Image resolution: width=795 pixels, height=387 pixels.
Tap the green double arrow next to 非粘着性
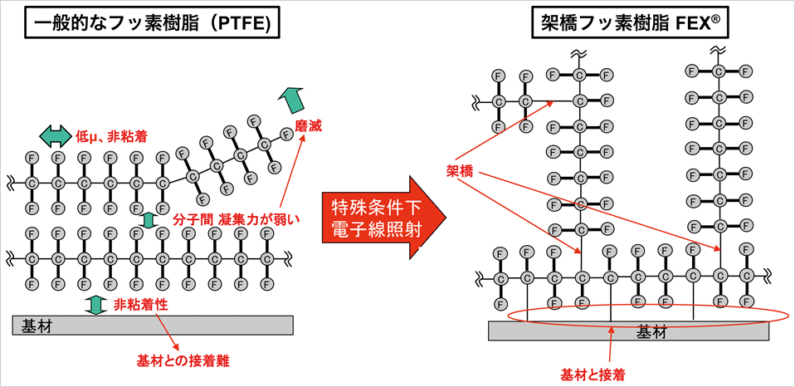coord(96,304)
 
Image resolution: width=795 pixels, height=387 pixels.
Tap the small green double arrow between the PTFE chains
coord(149,220)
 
